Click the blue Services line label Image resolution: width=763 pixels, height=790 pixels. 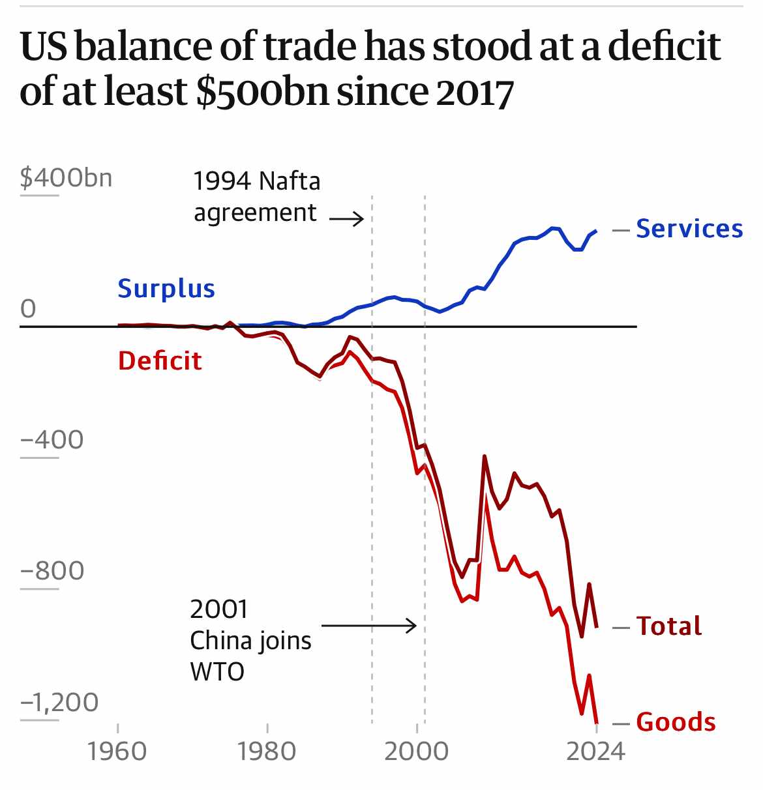689,229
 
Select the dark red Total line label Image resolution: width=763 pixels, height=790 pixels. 668,626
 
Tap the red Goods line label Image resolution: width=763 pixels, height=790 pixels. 676,722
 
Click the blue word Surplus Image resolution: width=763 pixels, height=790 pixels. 166,288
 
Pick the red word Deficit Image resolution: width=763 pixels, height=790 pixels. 160,360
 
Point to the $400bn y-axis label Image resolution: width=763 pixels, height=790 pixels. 66,177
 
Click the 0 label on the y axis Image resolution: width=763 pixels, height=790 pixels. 28,308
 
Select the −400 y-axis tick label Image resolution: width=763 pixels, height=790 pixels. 52,440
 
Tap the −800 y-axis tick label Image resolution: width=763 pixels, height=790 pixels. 52,571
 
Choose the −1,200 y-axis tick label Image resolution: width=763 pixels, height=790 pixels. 59,702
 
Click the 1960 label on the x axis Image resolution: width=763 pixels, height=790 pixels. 117,752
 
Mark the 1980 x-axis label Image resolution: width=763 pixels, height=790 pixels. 267,752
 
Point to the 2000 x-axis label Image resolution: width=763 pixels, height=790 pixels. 416,752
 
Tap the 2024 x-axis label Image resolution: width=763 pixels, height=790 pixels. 595,752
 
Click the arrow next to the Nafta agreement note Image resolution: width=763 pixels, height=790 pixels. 347,219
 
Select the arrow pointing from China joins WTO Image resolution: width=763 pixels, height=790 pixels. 369,626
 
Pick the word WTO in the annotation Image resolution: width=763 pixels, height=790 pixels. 217,671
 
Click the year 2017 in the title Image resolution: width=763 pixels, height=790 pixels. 475,91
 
